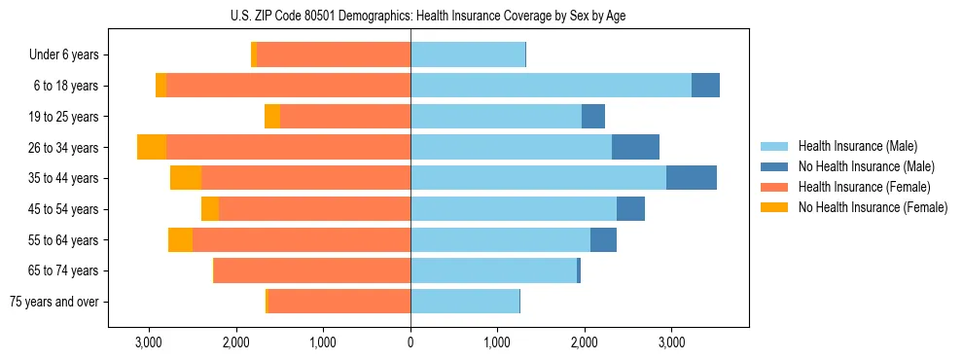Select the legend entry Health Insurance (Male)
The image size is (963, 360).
851,147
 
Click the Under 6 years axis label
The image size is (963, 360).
63,55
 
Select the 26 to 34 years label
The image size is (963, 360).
64,148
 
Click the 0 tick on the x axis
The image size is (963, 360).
410,342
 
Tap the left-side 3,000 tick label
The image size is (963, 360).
149,342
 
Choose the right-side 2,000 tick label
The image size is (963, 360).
584,342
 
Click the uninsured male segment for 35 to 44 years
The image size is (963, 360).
692,178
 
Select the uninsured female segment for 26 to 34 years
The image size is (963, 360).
152,147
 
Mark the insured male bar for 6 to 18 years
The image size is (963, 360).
551,86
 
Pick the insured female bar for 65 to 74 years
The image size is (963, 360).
312,270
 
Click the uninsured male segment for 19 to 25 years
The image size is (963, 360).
593,117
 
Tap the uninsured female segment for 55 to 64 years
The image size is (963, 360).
180,239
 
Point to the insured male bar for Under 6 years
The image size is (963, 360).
468,55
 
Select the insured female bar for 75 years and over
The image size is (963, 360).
339,302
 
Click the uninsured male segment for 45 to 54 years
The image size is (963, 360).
630,209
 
